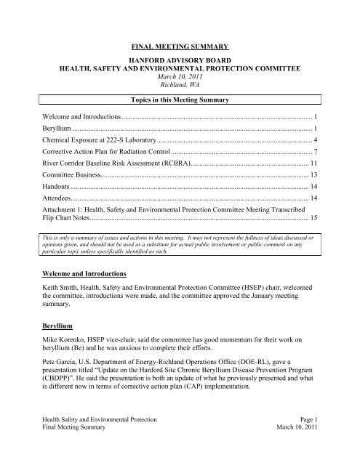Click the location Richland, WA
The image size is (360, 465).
(180, 95)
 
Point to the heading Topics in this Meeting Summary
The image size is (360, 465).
(180, 116)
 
